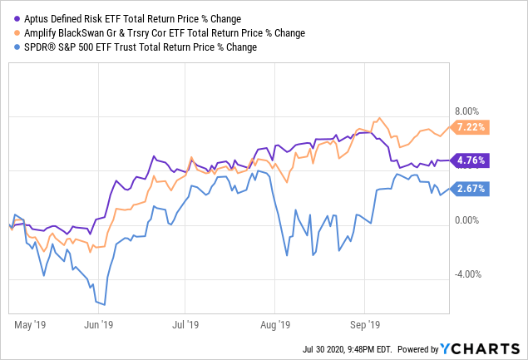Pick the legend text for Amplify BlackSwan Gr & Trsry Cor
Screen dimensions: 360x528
pyautogui.click(x=151, y=32)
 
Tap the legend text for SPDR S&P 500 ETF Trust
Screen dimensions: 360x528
pyautogui.click(x=138, y=47)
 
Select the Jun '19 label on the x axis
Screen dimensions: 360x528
pyautogui.click(x=100, y=326)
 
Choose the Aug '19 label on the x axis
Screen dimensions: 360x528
pyautogui.click(x=274, y=326)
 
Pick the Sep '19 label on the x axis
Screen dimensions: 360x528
pyautogui.click(x=364, y=326)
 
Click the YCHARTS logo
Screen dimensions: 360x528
pyautogui.click(x=483, y=348)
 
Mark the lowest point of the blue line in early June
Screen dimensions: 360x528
pyautogui.click(x=103, y=304)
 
